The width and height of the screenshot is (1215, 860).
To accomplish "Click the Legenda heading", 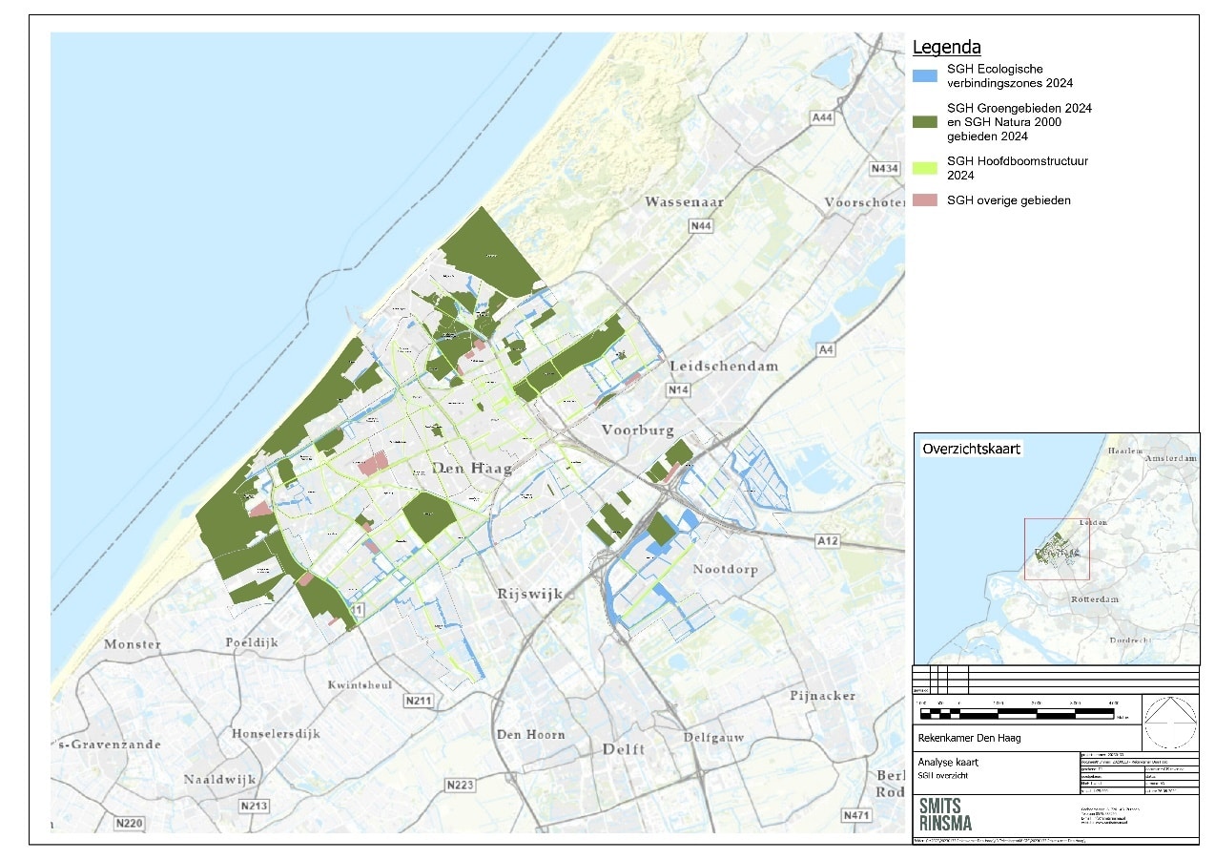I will (947, 47).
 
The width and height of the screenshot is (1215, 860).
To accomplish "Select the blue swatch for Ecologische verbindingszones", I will (925, 74).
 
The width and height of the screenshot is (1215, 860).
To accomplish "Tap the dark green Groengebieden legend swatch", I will (925, 121).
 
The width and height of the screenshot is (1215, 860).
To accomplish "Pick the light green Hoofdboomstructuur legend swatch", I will (925, 168).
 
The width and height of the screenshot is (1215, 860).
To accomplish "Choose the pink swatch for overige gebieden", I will (925, 200).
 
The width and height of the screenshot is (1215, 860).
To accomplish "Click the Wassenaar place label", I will (684, 202).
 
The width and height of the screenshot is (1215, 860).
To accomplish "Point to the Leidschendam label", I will (724, 367).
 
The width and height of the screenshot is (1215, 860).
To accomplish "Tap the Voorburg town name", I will (638, 430).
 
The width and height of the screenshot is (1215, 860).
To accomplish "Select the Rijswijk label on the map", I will (530, 594).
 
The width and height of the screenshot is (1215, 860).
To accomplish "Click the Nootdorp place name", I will (724, 570).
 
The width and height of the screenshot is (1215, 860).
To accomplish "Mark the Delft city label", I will (624, 749).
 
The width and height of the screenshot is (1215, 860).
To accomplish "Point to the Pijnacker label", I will (822, 696).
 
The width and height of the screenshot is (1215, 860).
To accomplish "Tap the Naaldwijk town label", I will (220, 779).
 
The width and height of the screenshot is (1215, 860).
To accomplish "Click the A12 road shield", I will (827, 541).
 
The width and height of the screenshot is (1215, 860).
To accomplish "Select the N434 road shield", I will (884, 169).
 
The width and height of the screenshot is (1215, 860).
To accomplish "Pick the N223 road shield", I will (460, 785).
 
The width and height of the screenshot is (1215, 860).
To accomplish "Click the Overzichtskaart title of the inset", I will (971, 449).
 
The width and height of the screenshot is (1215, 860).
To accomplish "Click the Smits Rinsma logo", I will (948, 814).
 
